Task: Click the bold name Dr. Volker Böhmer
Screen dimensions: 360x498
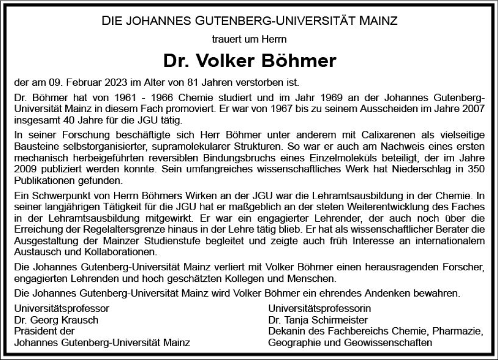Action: [x=249, y=61]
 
